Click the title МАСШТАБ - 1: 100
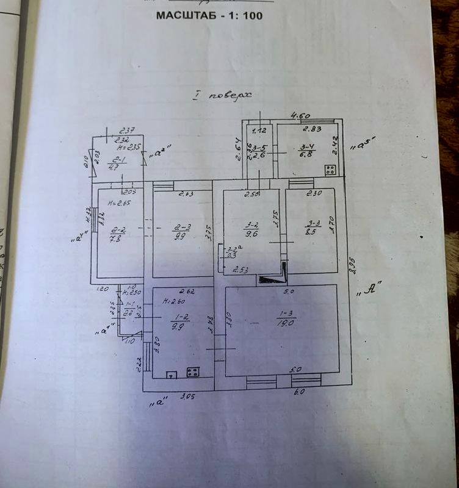(x=210, y=15)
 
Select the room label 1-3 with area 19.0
(x=284, y=320)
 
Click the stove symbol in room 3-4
(x=330, y=170)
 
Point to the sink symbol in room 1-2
(x=172, y=373)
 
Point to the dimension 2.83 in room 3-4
(x=313, y=129)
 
